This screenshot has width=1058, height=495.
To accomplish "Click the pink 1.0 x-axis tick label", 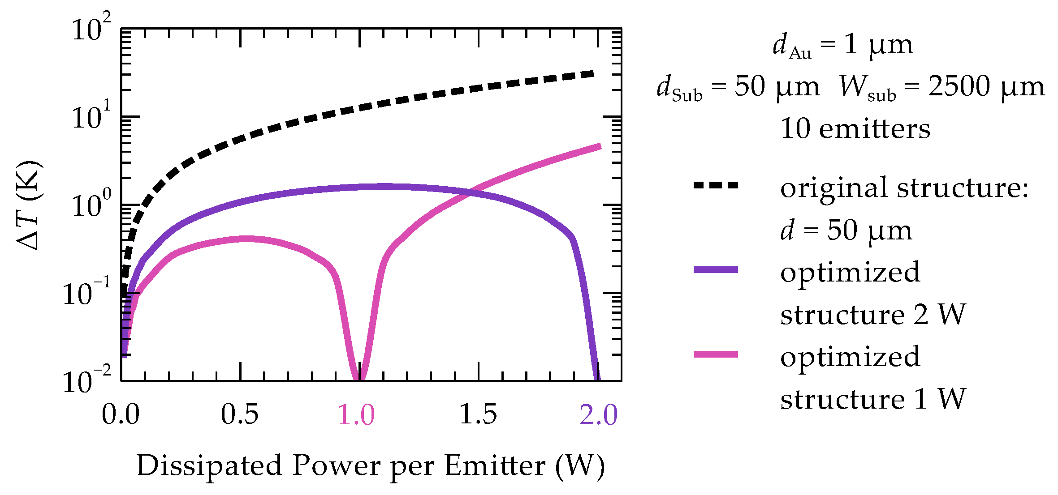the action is coord(356,414).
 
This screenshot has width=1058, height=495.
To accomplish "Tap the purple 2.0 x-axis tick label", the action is coord(599,414).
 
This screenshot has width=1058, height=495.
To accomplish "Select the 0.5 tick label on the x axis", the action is coord(240,414).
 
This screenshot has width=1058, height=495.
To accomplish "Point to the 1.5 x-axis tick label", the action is coord(479,414).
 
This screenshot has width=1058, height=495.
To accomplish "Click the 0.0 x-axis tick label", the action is coord(121,414).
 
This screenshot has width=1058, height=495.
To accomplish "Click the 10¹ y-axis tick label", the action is coord(91,116).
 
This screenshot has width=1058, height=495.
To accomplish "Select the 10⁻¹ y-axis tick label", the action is coord(86,292).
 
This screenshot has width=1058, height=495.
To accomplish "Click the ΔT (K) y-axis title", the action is coord(29,205).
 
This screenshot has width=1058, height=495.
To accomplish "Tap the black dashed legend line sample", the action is coord(716,185).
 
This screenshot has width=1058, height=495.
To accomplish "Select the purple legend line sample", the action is coord(716,269).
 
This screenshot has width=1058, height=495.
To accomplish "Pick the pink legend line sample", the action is coord(716,354).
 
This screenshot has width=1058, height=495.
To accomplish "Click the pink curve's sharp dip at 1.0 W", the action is coord(358,379).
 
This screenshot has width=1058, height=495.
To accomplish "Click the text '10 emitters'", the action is coord(855,129).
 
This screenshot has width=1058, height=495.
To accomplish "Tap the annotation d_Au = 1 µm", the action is coord(843,45).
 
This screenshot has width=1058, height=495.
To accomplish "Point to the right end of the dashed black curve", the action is coord(594,74).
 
